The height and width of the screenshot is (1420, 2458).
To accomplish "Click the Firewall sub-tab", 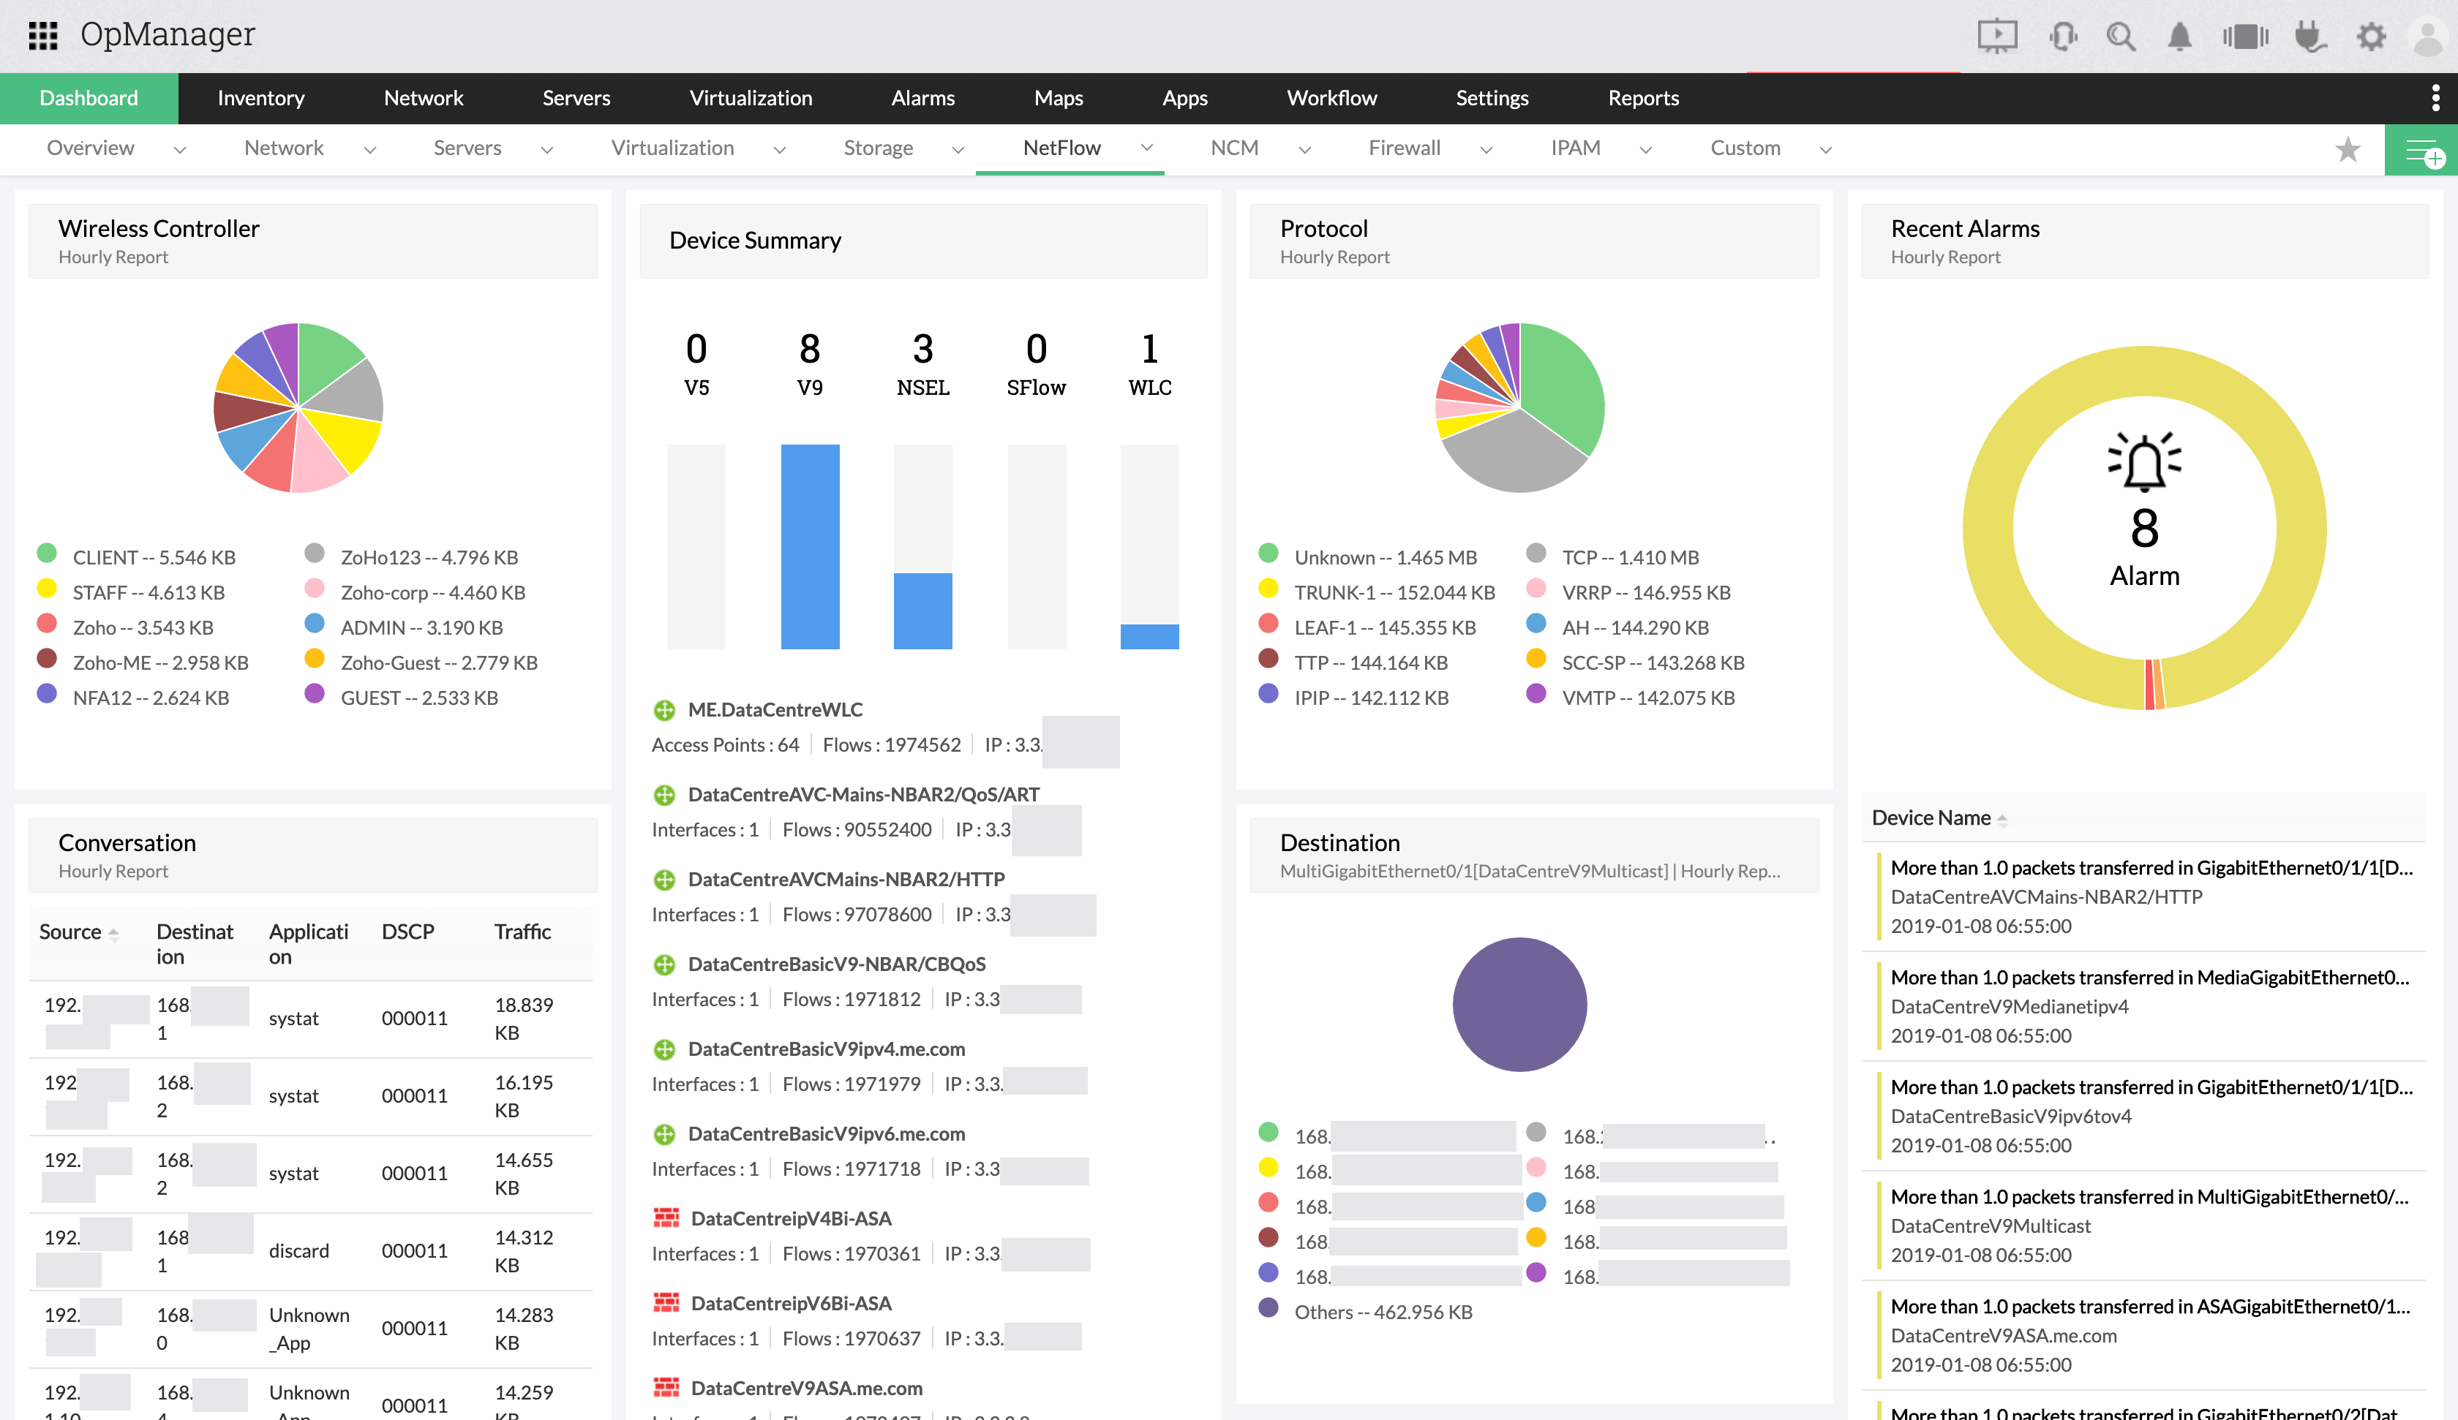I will pos(1404,148).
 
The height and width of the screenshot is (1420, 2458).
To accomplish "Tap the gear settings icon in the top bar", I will pos(2370,37).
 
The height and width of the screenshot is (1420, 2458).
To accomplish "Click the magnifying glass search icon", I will pos(2121,37).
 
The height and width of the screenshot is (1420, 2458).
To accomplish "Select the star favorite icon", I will pos(2348,149).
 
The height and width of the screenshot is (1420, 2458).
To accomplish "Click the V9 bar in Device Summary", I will pos(810,546).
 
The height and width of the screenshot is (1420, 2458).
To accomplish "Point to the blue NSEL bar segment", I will pos(922,611).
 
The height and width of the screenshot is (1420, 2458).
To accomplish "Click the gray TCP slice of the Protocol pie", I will pos(1512,453).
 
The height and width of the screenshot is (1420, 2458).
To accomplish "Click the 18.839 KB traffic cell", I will pos(523,1018).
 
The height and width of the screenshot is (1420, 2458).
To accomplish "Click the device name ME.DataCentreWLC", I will pos(775,710).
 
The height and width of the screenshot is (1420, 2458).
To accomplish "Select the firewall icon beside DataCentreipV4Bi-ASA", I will pos(666,1218).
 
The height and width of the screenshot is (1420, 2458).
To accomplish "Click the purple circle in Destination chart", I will pos(1519,1005).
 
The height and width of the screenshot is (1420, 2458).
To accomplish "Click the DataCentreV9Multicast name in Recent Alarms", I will pos(1990,1226).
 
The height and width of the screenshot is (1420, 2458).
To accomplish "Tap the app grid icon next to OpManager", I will pos(43,36).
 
